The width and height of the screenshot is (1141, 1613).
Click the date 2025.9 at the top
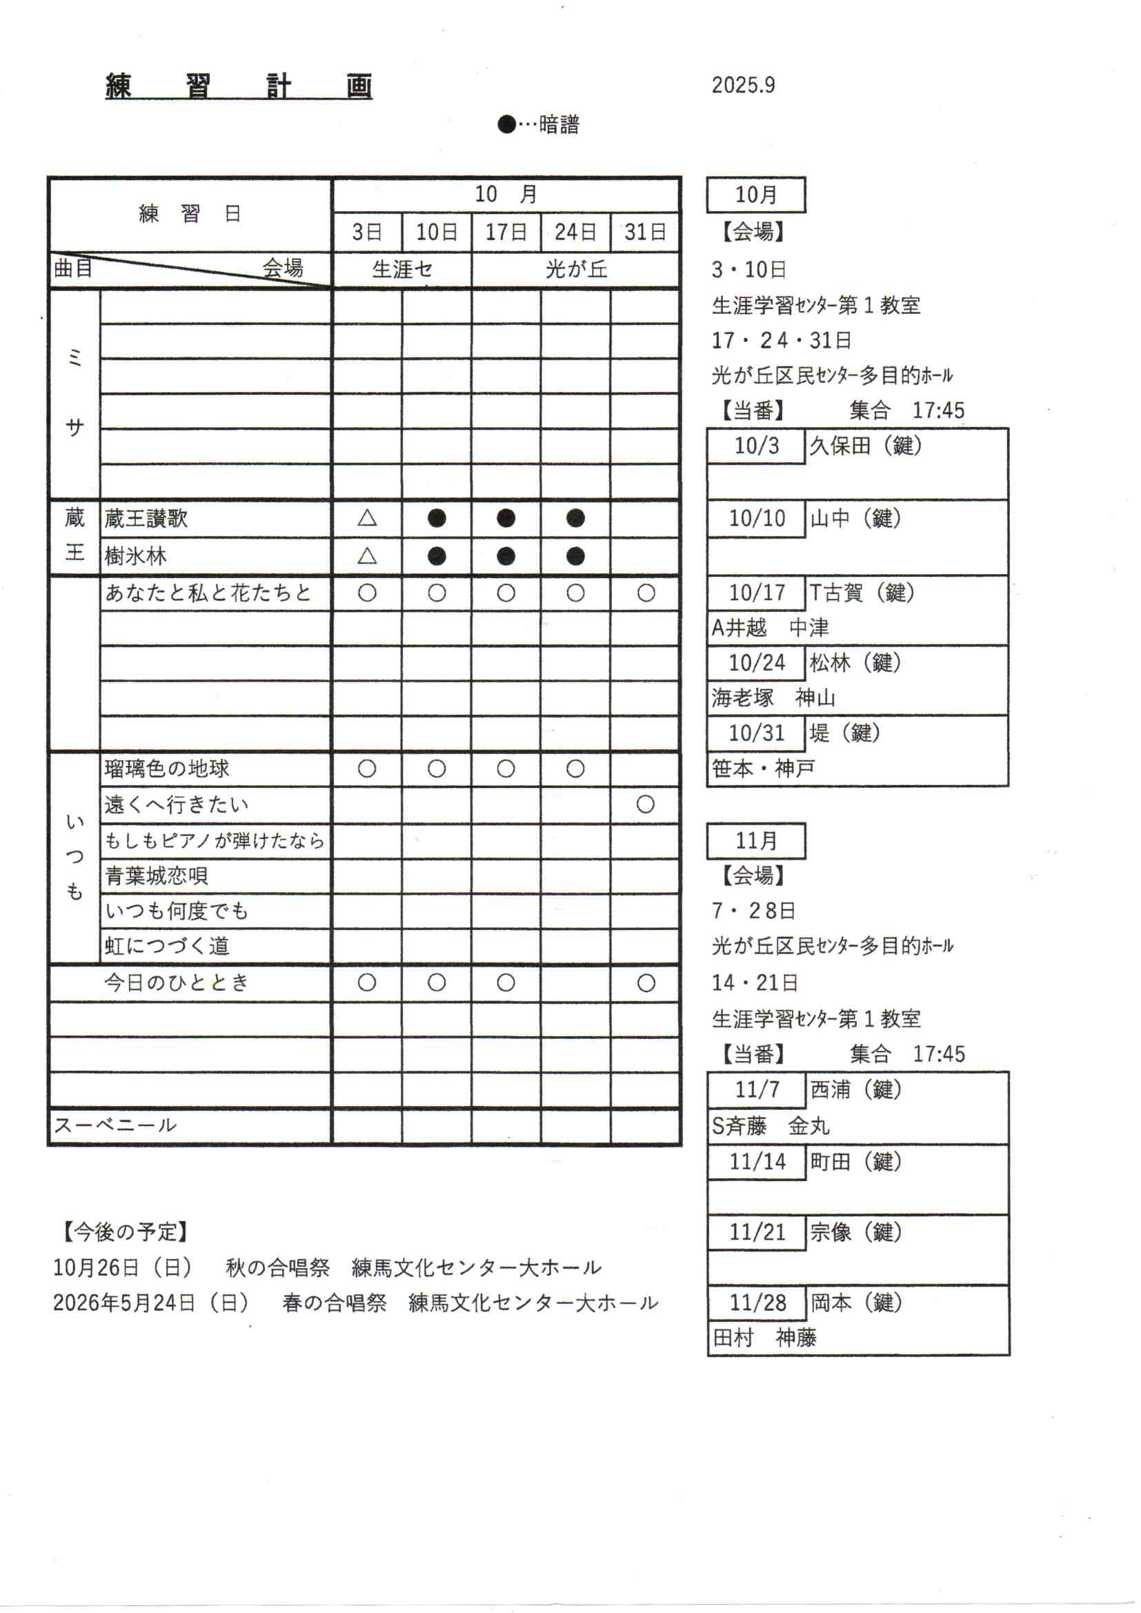point(743,85)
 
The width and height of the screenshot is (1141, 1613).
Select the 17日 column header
point(506,232)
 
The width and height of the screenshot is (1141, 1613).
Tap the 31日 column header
point(645,232)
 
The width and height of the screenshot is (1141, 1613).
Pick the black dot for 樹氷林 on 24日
point(575,556)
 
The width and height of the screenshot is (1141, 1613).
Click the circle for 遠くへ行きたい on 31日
point(645,804)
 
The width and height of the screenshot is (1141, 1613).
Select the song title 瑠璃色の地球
point(166,769)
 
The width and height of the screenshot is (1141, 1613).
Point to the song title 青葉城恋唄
point(156,875)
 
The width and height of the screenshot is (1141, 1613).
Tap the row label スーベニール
point(115,1125)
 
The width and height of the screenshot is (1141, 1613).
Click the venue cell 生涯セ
point(402,269)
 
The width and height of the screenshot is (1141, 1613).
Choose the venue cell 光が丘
point(576,269)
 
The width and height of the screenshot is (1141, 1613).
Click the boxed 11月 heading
point(756,841)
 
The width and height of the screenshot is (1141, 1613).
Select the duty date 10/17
point(757,593)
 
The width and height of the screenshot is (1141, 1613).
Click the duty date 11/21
point(757,1232)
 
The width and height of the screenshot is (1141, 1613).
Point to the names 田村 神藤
point(764,1337)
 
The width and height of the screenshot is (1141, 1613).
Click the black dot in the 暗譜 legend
point(506,124)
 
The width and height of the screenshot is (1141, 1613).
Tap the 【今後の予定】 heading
point(125,1231)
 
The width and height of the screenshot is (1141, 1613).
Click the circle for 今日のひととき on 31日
point(646,983)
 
